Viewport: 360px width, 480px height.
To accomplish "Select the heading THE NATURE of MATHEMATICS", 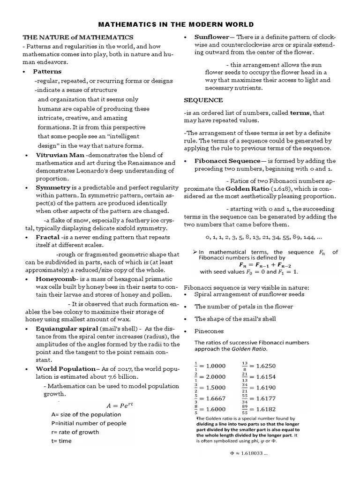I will point(78,37).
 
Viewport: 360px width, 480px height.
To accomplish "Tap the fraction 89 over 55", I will point(245,409).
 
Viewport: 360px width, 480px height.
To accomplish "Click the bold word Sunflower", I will point(211,37).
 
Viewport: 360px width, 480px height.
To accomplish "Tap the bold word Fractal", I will point(48,238).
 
